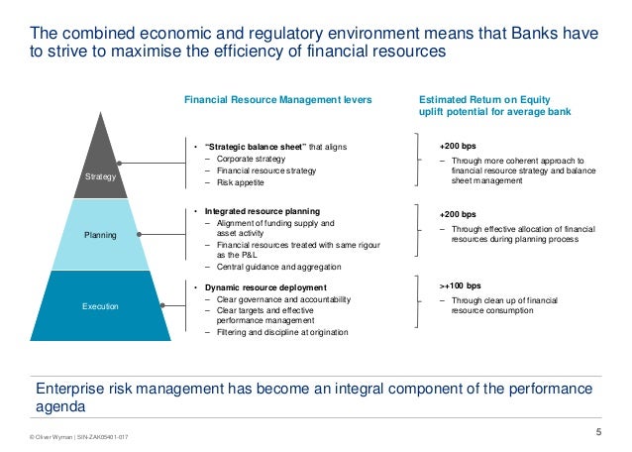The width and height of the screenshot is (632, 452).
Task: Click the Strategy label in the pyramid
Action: point(99,175)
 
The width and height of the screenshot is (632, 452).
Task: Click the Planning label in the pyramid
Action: point(99,236)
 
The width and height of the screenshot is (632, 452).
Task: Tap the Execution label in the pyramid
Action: point(99,306)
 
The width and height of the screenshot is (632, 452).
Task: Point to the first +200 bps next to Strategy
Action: point(457,146)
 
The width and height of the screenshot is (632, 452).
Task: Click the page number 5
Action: point(597,429)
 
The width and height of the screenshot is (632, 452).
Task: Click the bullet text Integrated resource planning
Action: point(262,211)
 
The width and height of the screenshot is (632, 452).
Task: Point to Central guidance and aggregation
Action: point(269,268)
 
